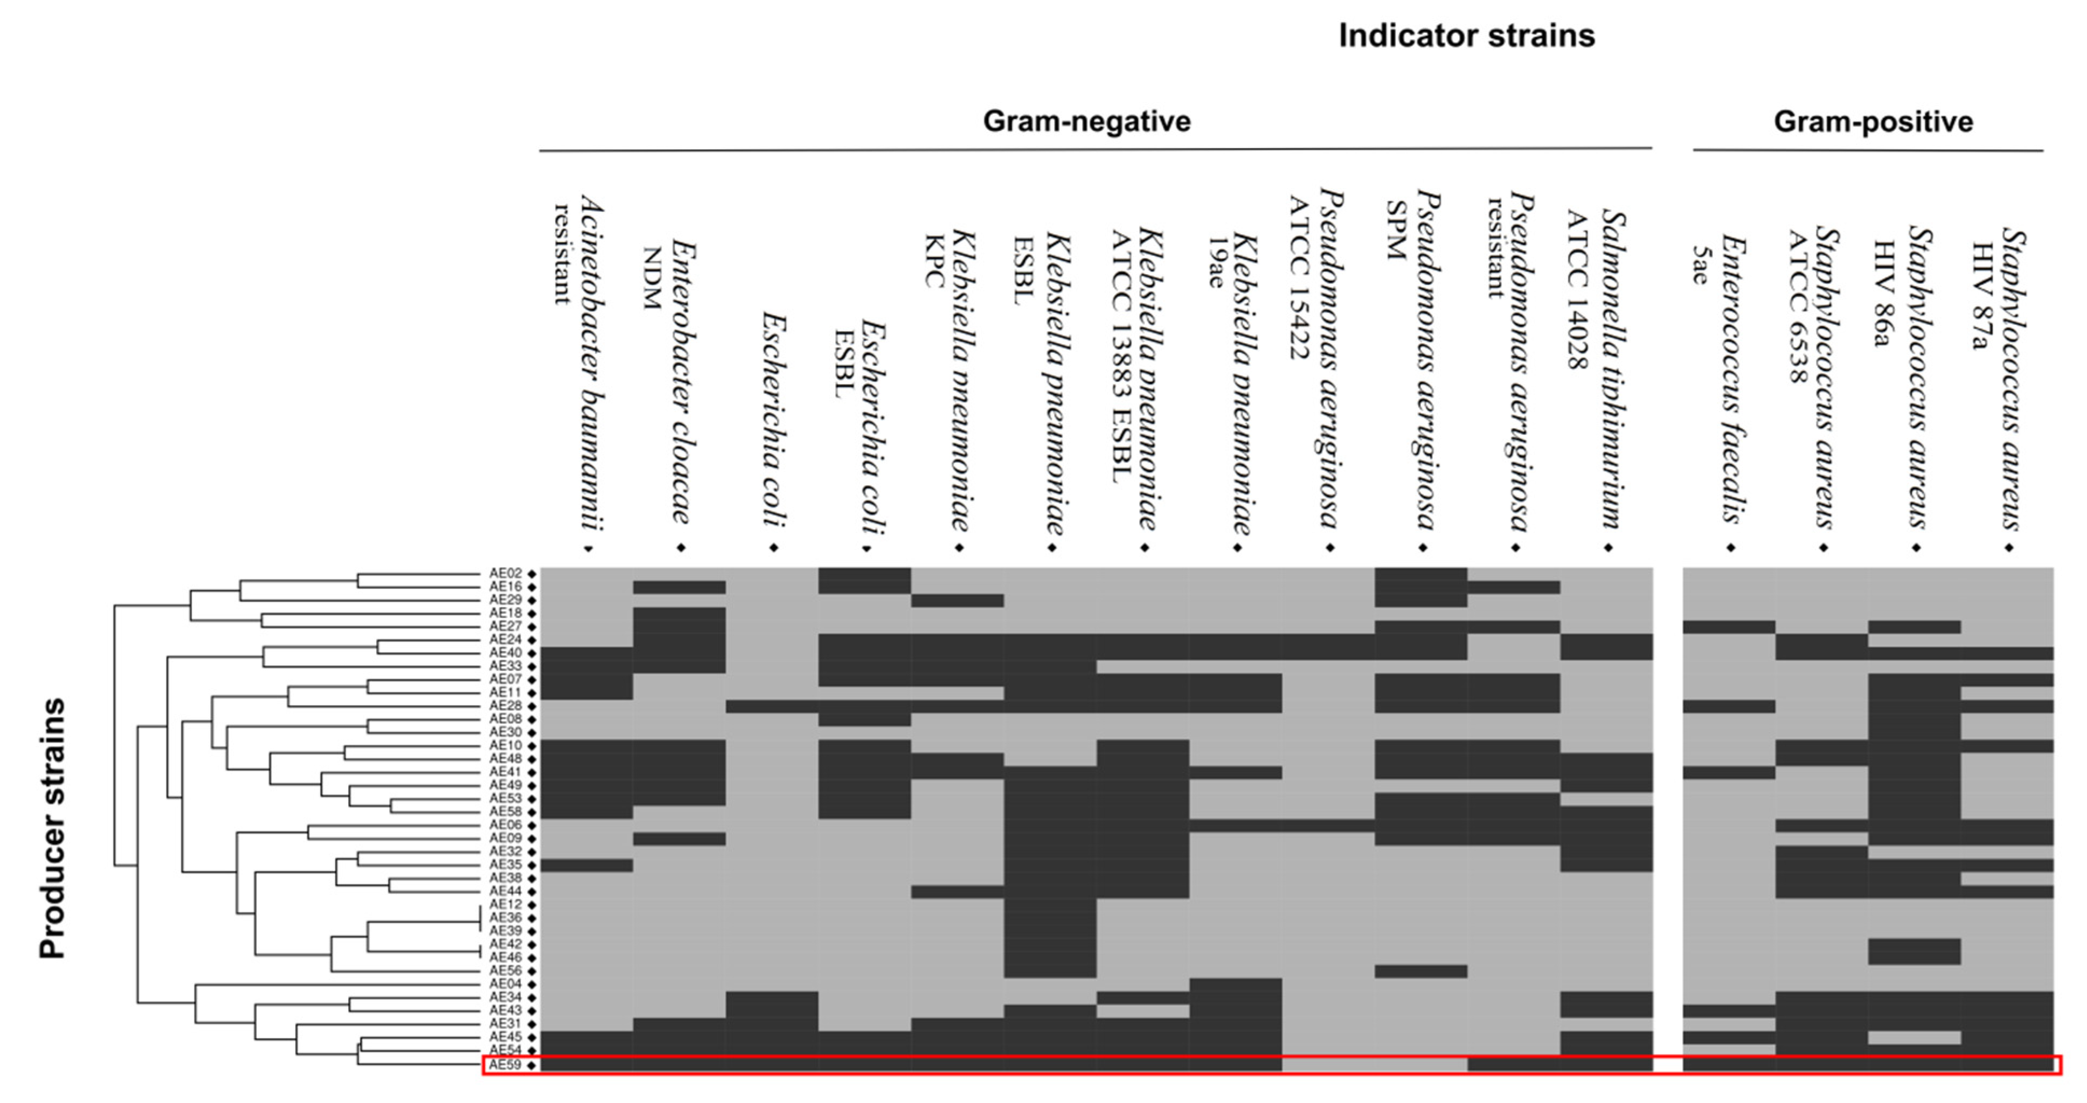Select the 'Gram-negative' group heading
tap(1086, 122)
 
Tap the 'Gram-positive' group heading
tap(1873, 122)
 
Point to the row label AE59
tap(505, 1065)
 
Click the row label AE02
tap(505, 574)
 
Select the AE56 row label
tap(505, 970)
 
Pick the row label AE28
tap(505, 706)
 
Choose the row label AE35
tap(505, 865)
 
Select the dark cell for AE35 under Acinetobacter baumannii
tap(587, 865)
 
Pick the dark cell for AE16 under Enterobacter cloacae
tap(679, 587)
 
